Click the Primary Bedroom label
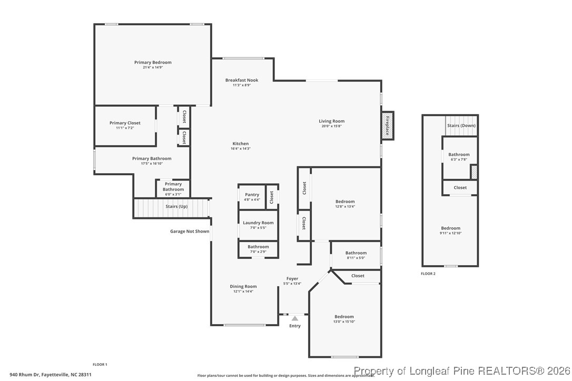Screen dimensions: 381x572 coord(153,63)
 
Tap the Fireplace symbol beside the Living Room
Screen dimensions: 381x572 coord(387,126)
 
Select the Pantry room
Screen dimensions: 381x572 coord(252,197)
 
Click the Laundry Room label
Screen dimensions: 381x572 coord(258,223)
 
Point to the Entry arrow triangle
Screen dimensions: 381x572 coord(295,318)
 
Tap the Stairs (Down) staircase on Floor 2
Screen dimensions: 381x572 coord(461,126)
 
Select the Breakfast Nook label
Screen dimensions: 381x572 coord(242,81)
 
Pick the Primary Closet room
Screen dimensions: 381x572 coord(125,125)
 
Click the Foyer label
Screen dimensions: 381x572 coord(292,279)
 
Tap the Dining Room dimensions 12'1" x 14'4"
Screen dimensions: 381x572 coord(243,292)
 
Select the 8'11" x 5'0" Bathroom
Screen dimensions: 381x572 coord(356,255)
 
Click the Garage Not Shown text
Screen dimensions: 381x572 coord(189,232)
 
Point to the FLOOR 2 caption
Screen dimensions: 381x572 coord(428,274)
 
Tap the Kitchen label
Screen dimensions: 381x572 coord(241,144)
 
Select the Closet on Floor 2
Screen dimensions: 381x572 coord(460,187)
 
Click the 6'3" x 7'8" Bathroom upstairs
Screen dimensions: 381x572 coord(458,157)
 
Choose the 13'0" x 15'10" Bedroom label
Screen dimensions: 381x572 coord(344,319)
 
